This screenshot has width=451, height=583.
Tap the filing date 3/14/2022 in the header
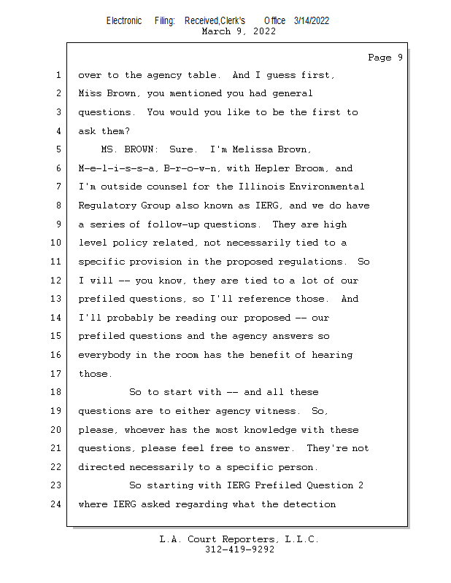312,20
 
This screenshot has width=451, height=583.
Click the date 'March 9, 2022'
239,31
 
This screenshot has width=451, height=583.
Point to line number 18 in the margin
55,392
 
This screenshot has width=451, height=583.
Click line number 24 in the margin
55,504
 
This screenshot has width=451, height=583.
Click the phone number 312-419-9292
239,549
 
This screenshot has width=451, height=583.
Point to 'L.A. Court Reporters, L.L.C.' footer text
239,539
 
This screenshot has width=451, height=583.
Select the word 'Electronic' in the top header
124,20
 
